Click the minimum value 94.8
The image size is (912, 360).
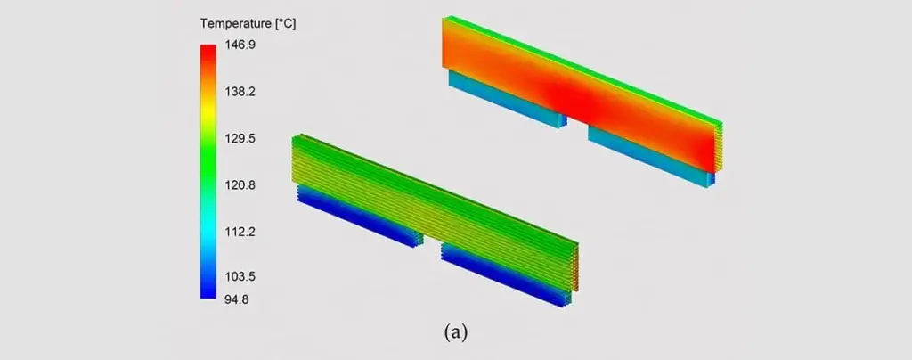click(x=235, y=300)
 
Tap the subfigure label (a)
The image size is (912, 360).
click(x=455, y=332)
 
